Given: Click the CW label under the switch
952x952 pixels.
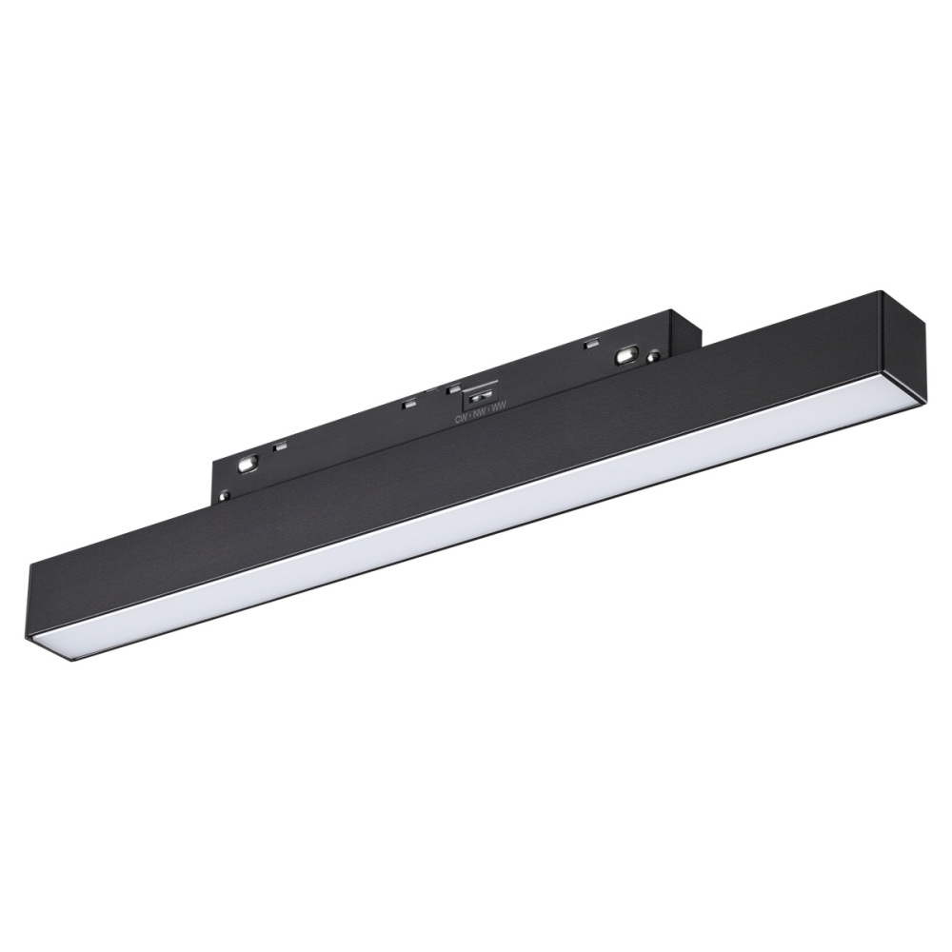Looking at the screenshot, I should [461, 418].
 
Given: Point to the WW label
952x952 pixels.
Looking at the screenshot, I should [497, 408].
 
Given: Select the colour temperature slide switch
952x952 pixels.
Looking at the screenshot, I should [483, 393].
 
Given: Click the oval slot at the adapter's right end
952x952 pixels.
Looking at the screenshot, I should [626, 354].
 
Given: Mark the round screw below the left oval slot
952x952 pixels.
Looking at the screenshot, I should [226, 493].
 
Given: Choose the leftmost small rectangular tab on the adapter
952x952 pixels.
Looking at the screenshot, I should [280, 445].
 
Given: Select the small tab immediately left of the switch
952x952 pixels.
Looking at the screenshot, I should [445, 389].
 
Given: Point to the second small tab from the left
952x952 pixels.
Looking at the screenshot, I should [408, 404].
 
